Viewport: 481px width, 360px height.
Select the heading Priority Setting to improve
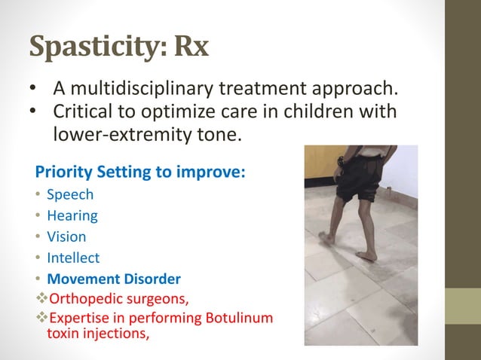[x=140, y=171]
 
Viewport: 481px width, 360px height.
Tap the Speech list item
[x=70, y=194]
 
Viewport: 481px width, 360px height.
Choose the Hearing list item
[x=72, y=215]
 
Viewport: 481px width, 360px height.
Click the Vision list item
[x=66, y=236]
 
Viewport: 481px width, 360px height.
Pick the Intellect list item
[x=73, y=258]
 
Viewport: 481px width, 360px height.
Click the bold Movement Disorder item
[x=114, y=279]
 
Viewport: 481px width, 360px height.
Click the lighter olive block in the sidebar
[x=463, y=306]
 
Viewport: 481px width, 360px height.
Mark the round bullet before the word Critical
[x=35, y=112]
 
